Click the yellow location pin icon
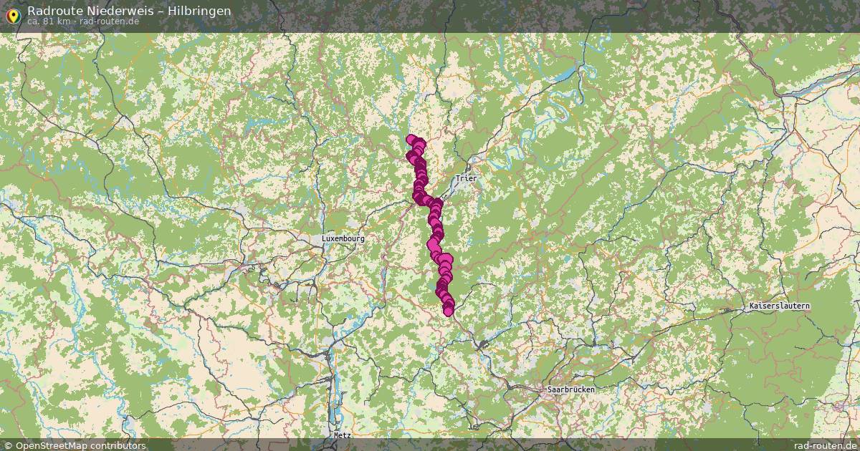click(x=13, y=15)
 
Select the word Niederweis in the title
click(x=120, y=11)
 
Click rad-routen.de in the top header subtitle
click(x=110, y=21)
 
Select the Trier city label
click(x=466, y=178)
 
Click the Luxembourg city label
click(x=343, y=238)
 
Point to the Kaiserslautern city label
click(x=779, y=306)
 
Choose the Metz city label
click(x=343, y=435)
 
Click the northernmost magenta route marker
click(x=411, y=140)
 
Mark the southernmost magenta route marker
click(x=449, y=311)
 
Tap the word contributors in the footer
click(x=118, y=445)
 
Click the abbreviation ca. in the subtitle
click(x=34, y=21)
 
